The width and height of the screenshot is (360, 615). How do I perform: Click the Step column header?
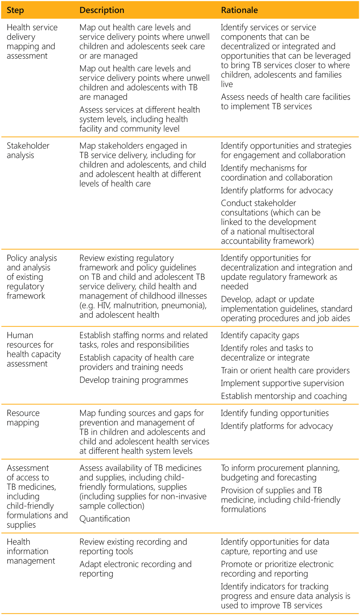click(x=15, y=10)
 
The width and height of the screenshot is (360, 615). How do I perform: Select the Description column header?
click(x=102, y=10)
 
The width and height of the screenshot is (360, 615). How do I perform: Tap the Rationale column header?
click(x=239, y=10)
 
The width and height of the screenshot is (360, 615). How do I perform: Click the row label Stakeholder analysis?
click(x=28, y=150)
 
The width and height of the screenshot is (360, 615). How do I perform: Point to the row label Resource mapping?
click(x=23, y=418)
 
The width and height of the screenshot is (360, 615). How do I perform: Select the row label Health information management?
click(x=31, y=551)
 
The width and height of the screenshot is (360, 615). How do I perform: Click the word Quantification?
click(x=104, y=519)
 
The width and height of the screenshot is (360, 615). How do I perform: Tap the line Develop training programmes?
click(x=134, y=380)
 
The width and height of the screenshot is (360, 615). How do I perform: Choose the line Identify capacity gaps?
click(x=260, y=335)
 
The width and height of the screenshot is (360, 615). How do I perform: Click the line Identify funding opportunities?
click(x=275, y=413)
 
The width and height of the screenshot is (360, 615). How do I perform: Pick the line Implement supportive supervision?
click(x=282, y=383)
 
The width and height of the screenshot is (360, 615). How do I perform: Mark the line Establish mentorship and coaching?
click(x=284, y=396)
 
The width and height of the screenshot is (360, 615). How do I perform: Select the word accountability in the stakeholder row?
click(x=244, y=241)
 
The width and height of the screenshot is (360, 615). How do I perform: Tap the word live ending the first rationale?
click(x=227, y=84)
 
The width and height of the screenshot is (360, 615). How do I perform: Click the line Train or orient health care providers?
click(x=285, y=371)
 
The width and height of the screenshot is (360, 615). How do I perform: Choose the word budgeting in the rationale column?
click(x=240, y=478)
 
